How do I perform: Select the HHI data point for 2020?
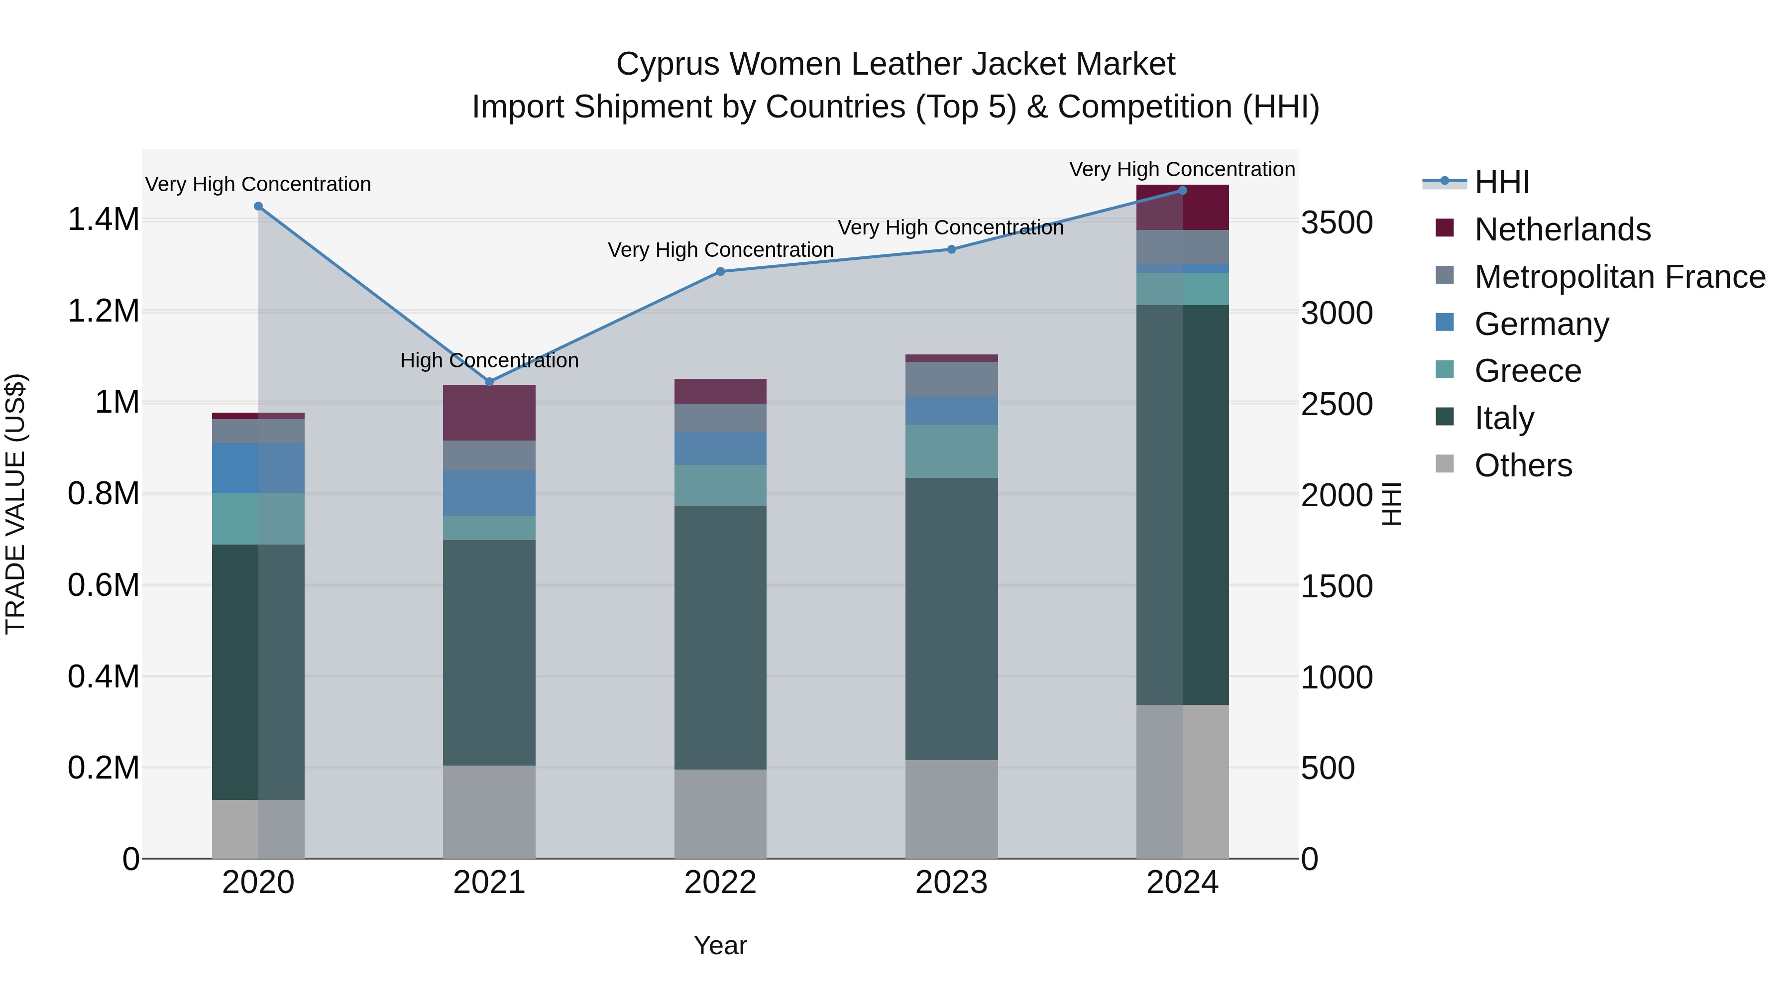click(x=258, y=207)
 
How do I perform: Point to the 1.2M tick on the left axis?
click(x=103, y=311)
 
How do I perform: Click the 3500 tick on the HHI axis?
click(x=1337, y=224)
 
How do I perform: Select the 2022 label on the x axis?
click(x=720, y=883)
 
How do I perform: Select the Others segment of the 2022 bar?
click(x=720, y=813)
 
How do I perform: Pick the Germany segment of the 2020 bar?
click(x=258, y=468)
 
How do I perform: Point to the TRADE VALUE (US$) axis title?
click(x=15, y=504)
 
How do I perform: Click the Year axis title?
click(x=720, y=945)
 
